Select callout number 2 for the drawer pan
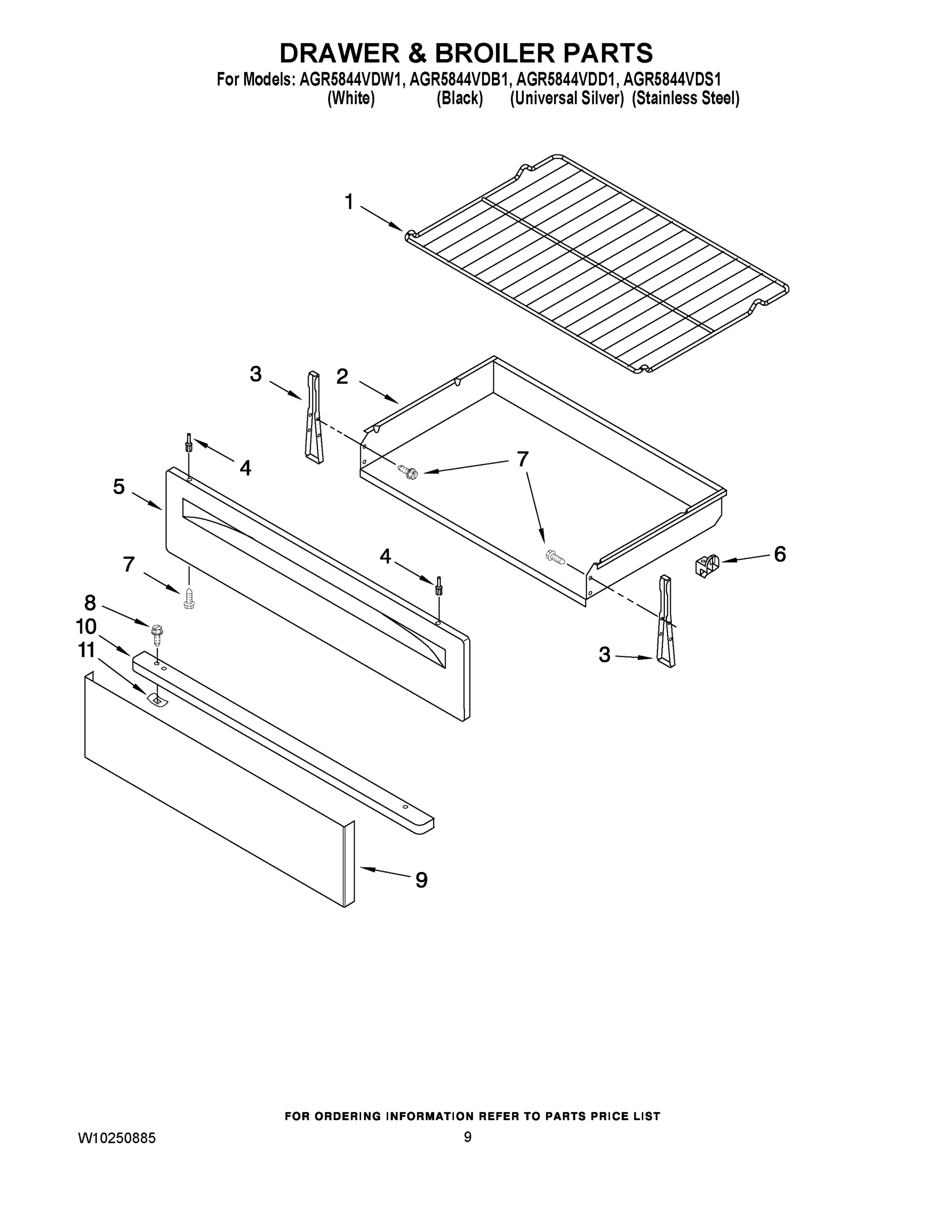click(342, 376)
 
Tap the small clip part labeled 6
click(707, 566)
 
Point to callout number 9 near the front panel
click(421, 880)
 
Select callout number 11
click(87, 651)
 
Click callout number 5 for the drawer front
click(119, 487)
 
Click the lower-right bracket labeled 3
click(665, 621)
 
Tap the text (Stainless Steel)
click(685, 99)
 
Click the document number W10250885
click(117, 1138)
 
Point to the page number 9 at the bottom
click(467, 1137)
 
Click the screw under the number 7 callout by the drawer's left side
click(409, 472)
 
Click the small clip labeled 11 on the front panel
click(157, 699)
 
